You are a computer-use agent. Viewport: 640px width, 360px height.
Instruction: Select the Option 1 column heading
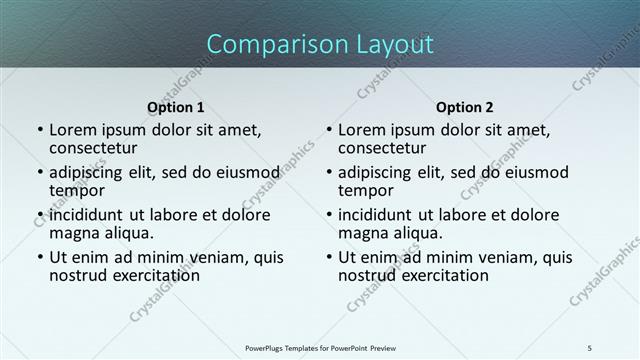pos(176,107)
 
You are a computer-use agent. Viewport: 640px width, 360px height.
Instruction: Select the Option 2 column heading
pos(465,107)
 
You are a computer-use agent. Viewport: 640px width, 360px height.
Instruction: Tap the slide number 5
pos(590,347)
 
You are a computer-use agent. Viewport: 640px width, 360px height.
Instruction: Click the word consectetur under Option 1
pos(93,149)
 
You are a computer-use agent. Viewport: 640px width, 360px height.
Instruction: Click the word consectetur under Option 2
pos(382,149)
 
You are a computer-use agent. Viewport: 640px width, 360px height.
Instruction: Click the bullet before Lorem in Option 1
pos(40,130)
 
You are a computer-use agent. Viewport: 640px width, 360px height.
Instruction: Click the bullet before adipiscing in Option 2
pos(329,172)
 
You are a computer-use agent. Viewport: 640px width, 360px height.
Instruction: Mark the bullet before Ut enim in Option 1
pos(40,257)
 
